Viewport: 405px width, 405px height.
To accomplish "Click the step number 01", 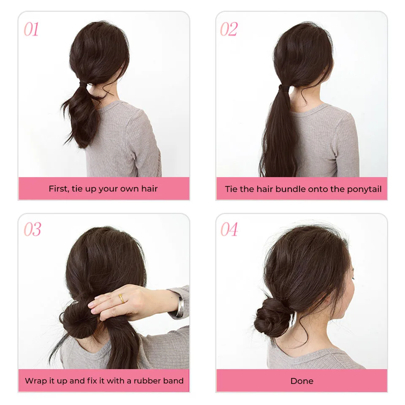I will click(x=31, y=30).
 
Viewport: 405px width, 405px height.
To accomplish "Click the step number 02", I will click(x=229, y=30).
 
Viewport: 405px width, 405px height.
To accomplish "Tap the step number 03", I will click(x=32, y=229).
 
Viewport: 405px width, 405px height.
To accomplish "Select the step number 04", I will click(x=229, y=229).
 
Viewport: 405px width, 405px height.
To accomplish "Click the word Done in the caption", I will click(x=302, y=381).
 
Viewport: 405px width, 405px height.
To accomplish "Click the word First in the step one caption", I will click(x=58, y=189).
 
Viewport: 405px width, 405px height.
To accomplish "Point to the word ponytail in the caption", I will click(x=364, y=189).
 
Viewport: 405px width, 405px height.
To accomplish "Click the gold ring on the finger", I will click(x=121, y=298).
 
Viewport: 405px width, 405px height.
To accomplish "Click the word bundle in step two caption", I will click(x=291, y=189).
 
